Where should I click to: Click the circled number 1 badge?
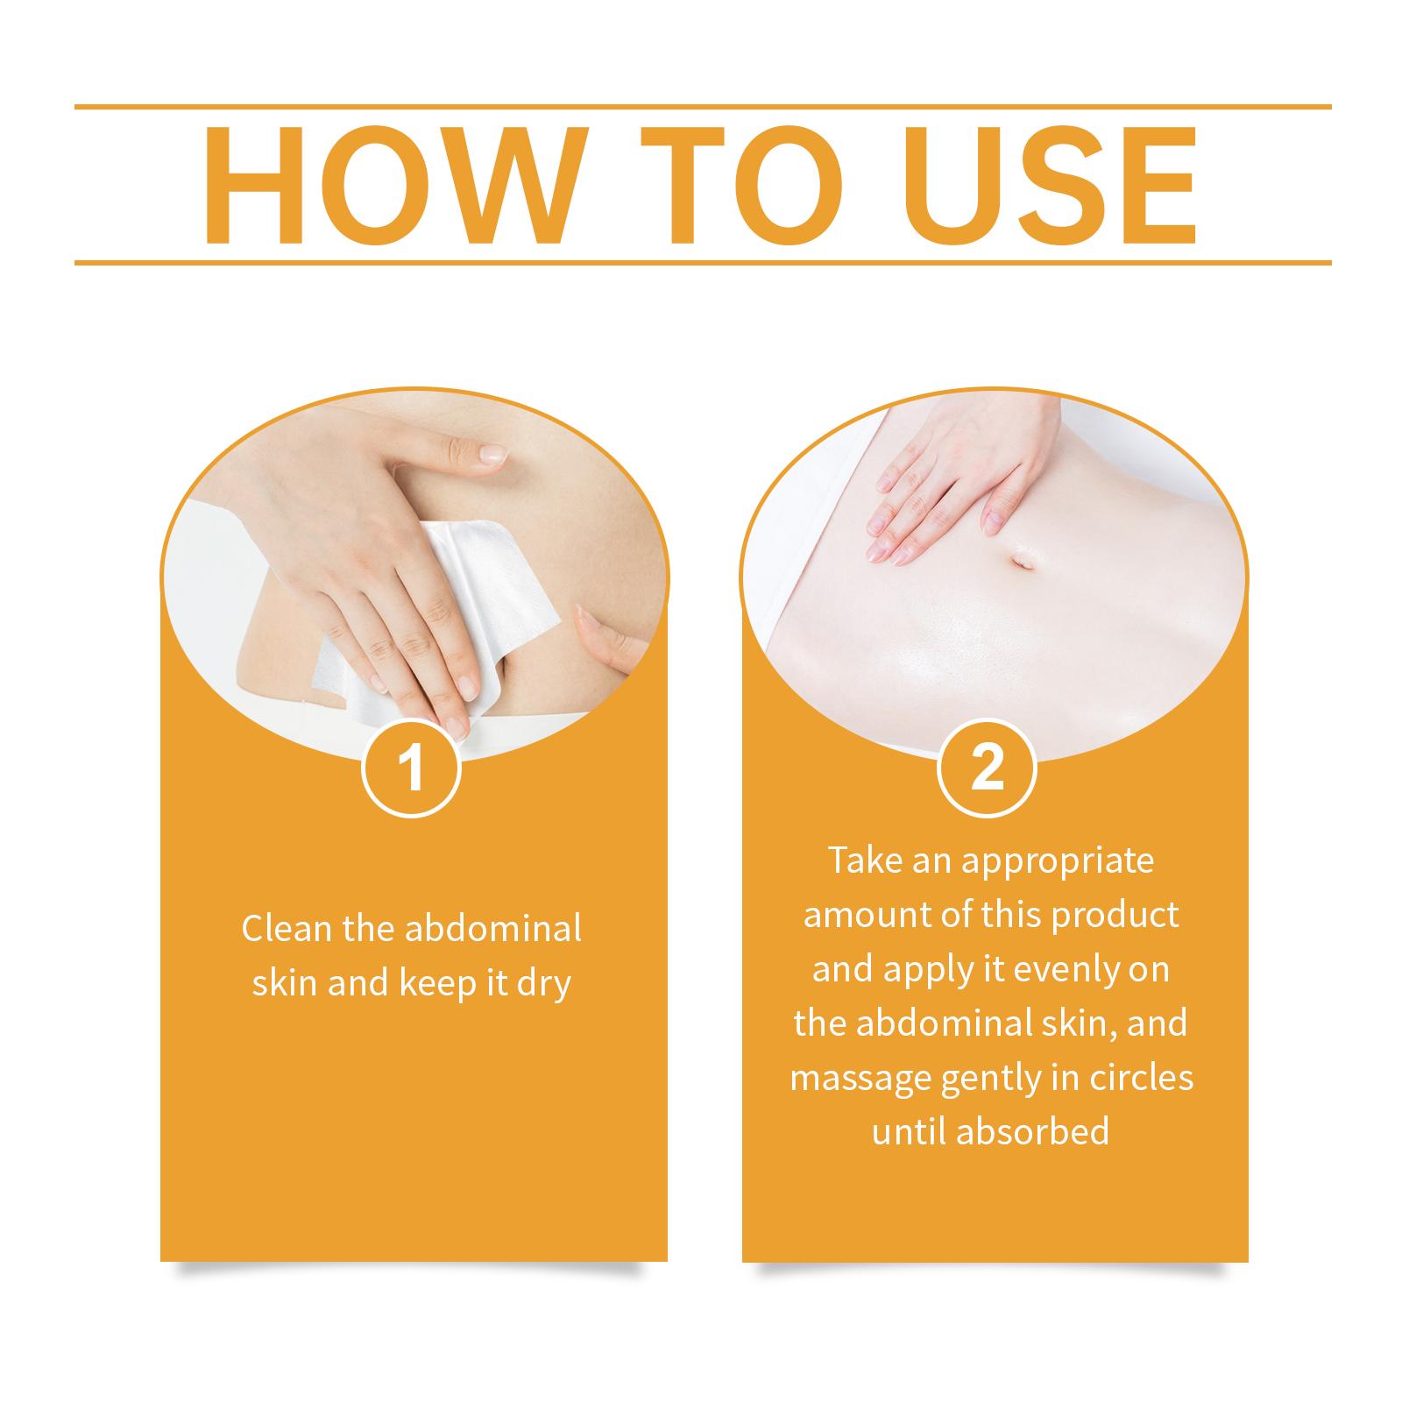point(412,768)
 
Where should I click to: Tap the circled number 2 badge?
point(988,768)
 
